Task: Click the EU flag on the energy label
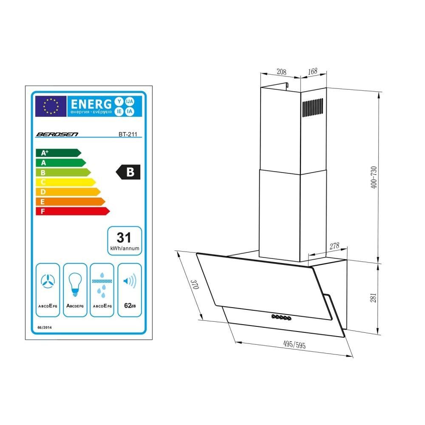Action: point(51,106)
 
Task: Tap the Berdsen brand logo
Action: point(57,134)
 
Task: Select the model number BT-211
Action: point(128,134)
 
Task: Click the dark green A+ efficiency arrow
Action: point(59,153)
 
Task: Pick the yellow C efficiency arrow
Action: point(66,182)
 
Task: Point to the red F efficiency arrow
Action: point(73,211)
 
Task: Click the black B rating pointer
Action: point(128,172)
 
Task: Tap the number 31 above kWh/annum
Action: point(124,238)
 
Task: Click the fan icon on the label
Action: point(48,281)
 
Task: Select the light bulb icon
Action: point(75,285)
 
